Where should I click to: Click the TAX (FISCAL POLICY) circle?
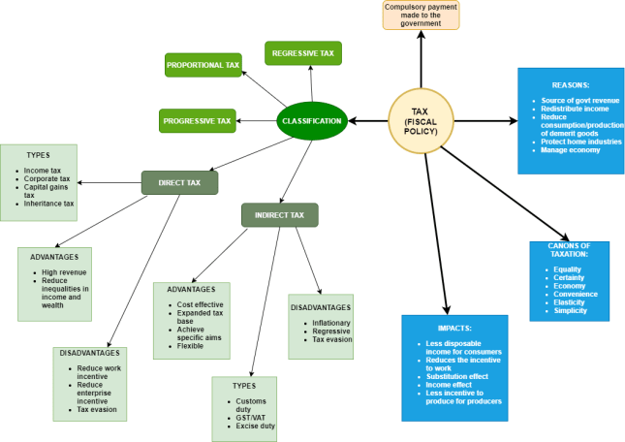pos(422,121)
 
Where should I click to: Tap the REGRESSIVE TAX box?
pos(303,52)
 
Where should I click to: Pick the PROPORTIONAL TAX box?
pos(203,65)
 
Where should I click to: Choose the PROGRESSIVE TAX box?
pos(197,121)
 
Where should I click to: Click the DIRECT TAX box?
pos(179,181)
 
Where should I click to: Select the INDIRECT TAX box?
pos(279,214)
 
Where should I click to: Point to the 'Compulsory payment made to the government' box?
pos(421,15)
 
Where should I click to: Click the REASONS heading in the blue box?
pos(570,84)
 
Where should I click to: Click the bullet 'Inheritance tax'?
pos(47,204)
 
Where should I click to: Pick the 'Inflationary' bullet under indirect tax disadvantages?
pos(330,322)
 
